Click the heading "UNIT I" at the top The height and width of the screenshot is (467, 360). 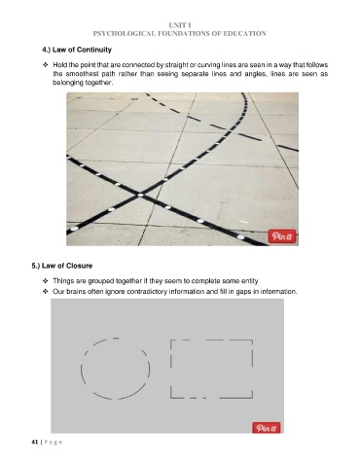(x=180, y=25)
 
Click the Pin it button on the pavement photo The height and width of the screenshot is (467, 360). (x=282, y=236)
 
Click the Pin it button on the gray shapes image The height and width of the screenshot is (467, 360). (x=266, y=428)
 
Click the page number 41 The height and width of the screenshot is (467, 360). (x=35, y=442)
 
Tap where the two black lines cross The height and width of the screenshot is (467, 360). (x=140, y=195)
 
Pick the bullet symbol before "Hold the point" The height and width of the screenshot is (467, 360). (x=46, y=65)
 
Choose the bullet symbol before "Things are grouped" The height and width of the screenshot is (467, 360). (x=46, y=281)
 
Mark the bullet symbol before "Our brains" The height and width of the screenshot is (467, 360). (x=46, y=291)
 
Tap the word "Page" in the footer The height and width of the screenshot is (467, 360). (x=54, y=443)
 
